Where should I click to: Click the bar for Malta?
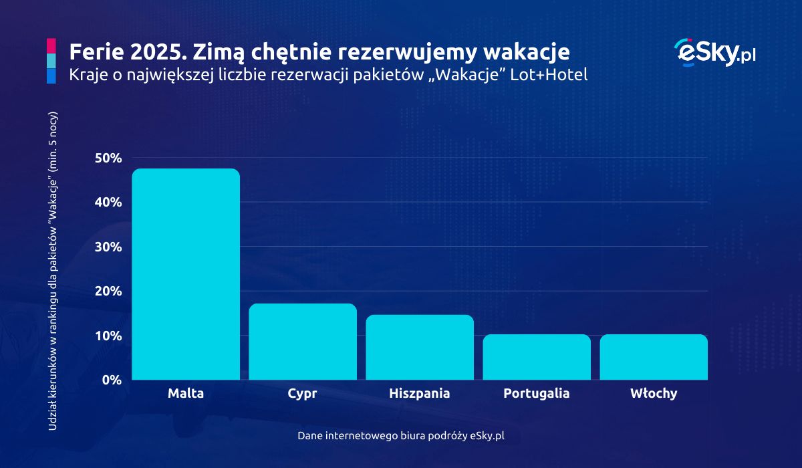186,274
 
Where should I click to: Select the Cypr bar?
303,342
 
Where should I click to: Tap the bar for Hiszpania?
420,347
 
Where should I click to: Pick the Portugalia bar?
537,357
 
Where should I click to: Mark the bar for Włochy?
654,357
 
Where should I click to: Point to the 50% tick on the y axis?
108,158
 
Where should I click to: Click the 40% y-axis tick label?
108,203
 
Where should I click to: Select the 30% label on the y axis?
108,247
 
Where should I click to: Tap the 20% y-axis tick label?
108,291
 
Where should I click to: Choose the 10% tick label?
108,336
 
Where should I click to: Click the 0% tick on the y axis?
111,380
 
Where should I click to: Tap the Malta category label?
186,393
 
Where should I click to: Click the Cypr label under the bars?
302,394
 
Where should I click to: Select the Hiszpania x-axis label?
420,393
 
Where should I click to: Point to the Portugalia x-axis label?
537,394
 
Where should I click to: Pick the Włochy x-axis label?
654,393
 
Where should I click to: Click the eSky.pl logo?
715,52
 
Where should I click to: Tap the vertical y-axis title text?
54,271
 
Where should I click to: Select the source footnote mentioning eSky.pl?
401,435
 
